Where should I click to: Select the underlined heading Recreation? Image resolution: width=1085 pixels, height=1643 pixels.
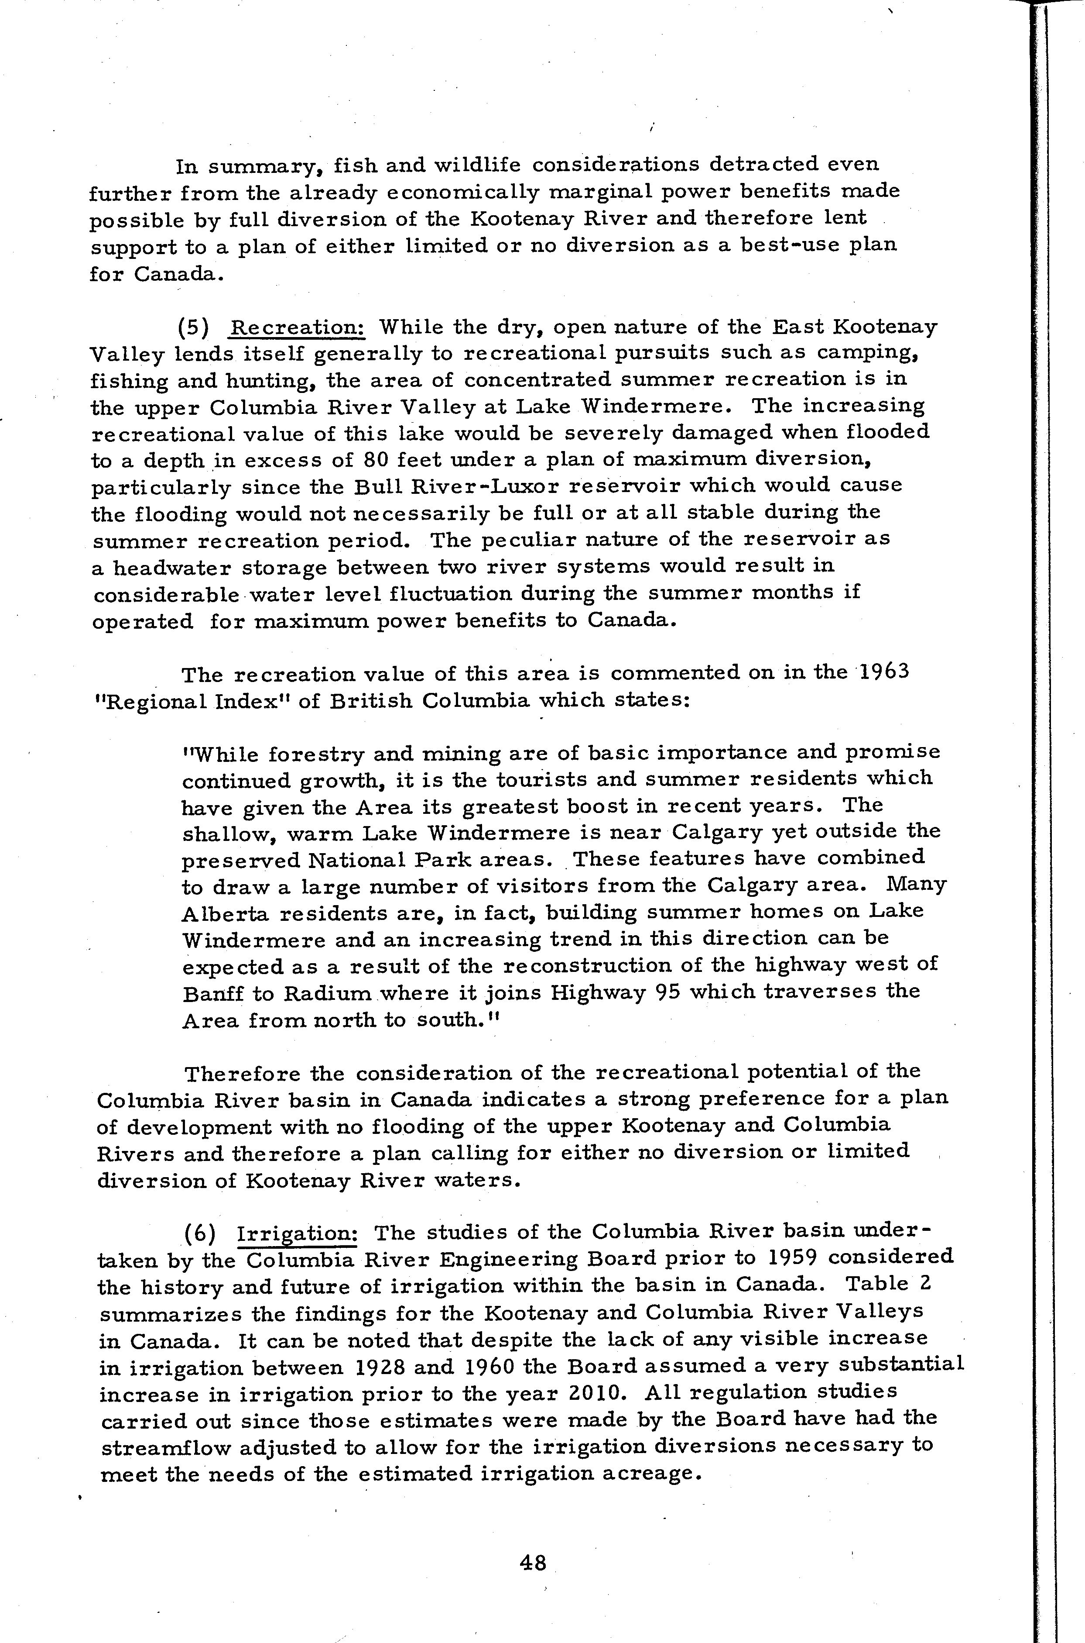point(299,327)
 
